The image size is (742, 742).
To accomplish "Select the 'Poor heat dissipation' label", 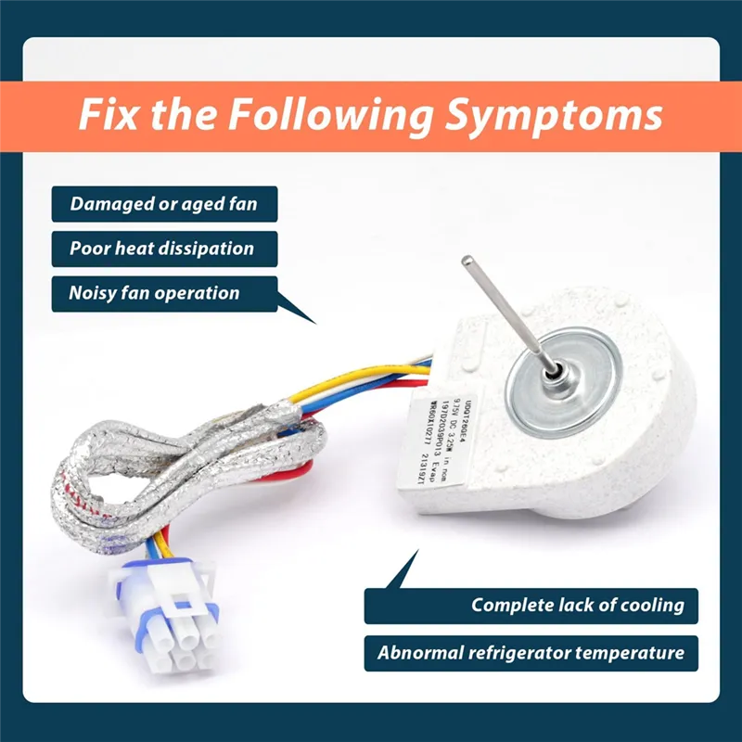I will click(x=160, y=249).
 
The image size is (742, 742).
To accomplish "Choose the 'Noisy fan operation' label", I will click(x=154, y=293).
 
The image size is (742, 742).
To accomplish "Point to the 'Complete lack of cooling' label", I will click(x=577, y=606).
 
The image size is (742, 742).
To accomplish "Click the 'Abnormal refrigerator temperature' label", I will click(x=531, y=653).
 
